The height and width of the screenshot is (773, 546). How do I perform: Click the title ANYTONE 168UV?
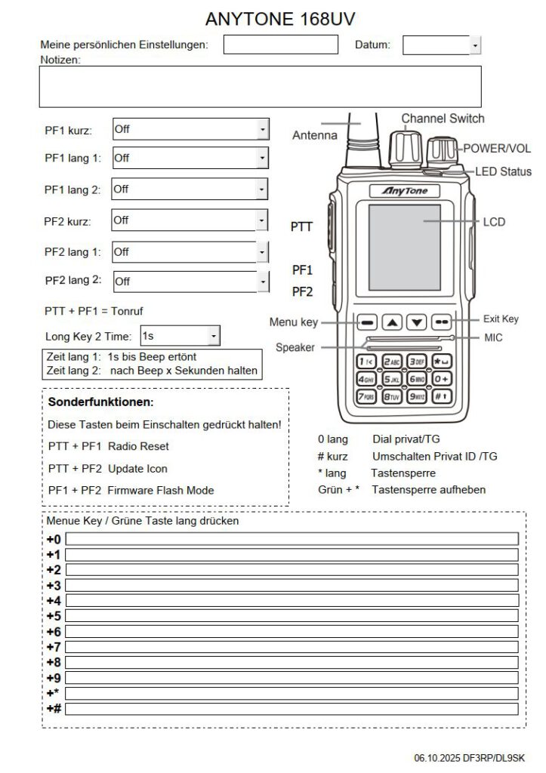280,19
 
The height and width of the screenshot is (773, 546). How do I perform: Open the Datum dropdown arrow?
475,46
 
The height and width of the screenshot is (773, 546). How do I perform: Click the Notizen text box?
260,86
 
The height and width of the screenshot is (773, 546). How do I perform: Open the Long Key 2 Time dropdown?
214,334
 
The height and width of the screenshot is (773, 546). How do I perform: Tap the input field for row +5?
292,616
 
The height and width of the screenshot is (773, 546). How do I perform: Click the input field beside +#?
292,709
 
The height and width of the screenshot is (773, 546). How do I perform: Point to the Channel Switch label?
443,119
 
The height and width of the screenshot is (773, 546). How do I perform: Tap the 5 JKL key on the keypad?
392,379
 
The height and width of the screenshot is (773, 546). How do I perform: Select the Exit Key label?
501,319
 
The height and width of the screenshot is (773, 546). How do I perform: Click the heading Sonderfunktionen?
100,402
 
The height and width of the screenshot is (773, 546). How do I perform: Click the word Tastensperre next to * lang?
403,473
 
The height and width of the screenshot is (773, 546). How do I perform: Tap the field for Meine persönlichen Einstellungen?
280,45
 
